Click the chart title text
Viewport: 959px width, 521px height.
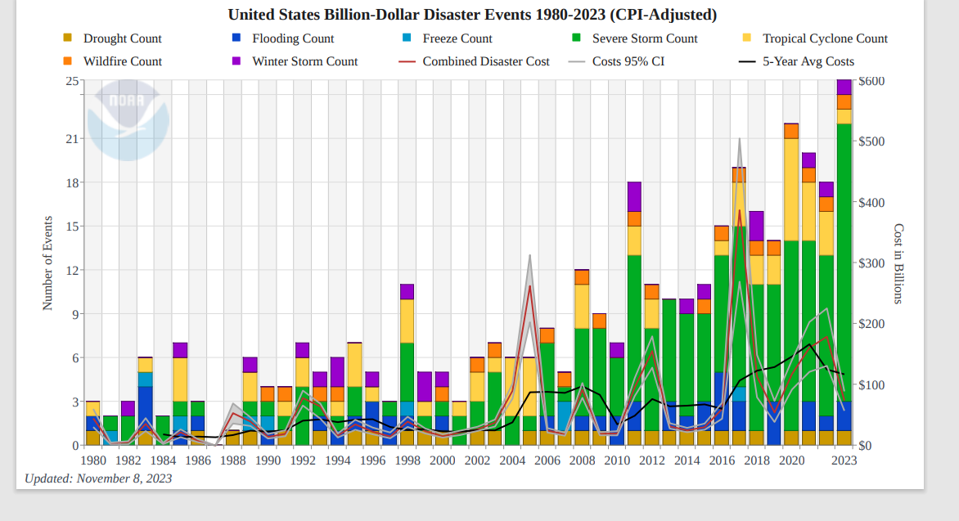pos(472,15)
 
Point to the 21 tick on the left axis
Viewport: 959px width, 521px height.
pos(72,139)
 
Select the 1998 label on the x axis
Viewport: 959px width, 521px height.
pos(407,460)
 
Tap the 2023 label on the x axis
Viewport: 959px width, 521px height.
pos(844,460)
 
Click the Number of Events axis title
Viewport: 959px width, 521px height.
pos(47,263)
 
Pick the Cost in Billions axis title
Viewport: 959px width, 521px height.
pos(898,263)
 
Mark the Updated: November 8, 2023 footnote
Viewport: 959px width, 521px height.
pos(98,478)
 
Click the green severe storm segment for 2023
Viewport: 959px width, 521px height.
pos(844,262)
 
